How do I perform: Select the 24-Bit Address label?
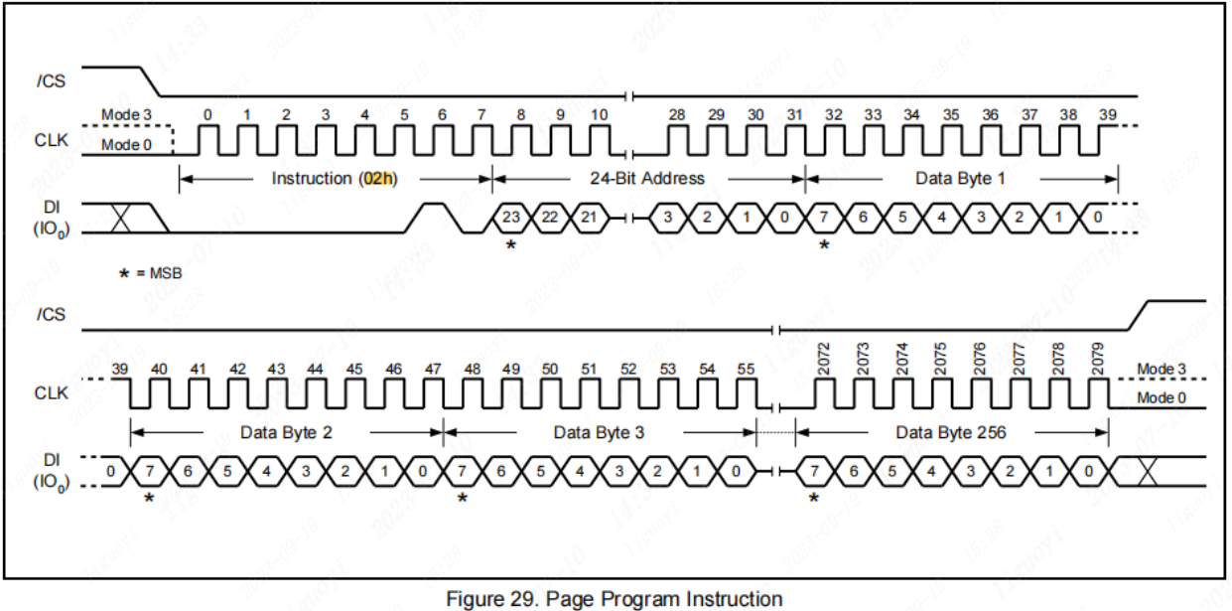648,179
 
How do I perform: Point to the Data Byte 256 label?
951,432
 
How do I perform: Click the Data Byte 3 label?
599,432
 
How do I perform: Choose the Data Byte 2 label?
286,432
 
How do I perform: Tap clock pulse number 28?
677,115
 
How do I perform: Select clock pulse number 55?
746,370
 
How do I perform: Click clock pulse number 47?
433,370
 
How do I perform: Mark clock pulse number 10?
599,115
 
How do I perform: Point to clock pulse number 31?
794,115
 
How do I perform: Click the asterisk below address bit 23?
511,244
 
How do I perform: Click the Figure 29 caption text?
615,599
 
